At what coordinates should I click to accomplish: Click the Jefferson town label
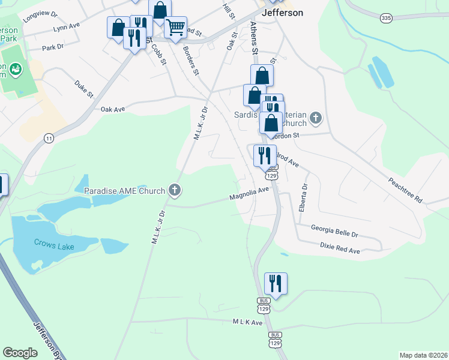coord(282,12)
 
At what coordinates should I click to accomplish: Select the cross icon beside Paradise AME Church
coord(175,191)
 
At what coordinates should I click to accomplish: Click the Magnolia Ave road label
coord(249,194)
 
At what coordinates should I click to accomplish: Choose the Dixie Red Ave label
coord(339,248)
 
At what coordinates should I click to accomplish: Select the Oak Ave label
coord(113,109)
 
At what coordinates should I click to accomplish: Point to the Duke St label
coord(85,89)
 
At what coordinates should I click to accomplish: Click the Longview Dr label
coord(40,16)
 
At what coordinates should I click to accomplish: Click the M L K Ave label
coord(248,323)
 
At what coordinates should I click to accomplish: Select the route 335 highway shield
coord(387,19)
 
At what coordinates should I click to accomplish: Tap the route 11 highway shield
coord(49,138)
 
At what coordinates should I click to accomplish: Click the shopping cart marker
coord(175,26)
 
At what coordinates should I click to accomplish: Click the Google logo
coord(20,353)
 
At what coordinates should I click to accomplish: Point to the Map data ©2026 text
coord(423,355)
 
